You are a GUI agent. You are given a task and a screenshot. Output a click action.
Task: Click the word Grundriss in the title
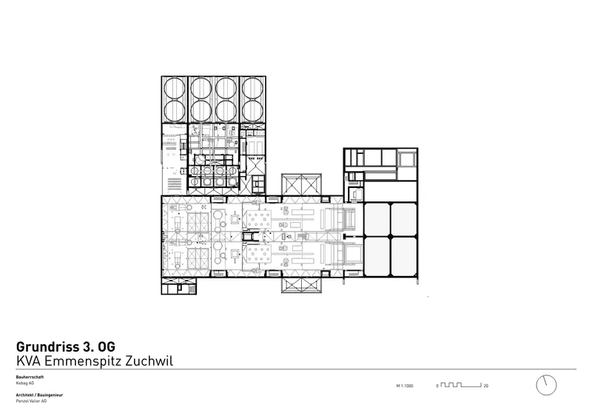point(47,347)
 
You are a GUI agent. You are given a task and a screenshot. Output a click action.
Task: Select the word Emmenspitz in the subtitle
point(83,361)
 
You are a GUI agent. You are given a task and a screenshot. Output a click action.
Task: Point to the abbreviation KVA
point(28,361)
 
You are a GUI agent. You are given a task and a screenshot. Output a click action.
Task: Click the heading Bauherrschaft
point(30,377)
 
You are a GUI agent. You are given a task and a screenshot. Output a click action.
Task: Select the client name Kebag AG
point(25,383)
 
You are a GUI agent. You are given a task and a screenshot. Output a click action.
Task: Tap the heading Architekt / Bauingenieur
point(39,395)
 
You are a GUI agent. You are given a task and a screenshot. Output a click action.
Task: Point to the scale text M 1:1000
point(405,386)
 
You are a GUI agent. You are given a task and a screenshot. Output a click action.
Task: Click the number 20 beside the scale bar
point(486,386)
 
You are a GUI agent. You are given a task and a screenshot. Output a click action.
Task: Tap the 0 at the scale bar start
point(437,386)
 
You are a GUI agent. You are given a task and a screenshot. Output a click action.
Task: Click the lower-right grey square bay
point(403,257)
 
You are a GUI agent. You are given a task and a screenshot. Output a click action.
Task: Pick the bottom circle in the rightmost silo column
point(252,110)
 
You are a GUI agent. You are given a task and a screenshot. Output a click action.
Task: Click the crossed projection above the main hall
point(301,185)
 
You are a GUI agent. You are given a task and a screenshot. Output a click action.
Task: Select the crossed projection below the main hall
point(301,285)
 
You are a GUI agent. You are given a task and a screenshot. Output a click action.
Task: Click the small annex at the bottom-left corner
point(179,286)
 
